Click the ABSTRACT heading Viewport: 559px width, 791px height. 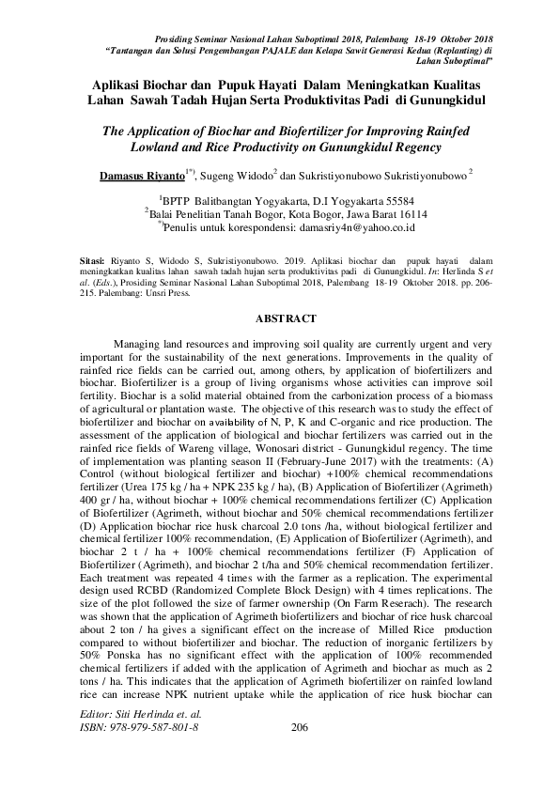point(279,318)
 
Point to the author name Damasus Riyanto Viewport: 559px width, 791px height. point(142,176)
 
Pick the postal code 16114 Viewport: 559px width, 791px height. point(408,213)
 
